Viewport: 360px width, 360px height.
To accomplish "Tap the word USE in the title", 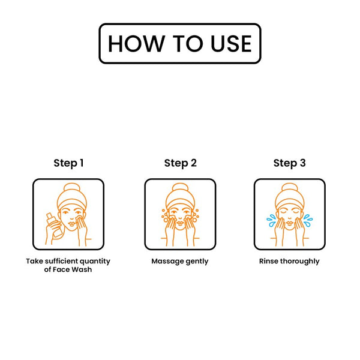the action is [231, 44].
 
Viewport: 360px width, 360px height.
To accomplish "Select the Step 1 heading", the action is [68, 163].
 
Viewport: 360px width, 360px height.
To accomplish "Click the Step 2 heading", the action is [181, 163].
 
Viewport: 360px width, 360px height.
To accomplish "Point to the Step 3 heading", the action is [290, 163].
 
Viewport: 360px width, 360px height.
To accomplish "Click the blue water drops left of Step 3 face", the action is [271, 220].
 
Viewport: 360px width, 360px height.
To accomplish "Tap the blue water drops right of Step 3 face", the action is [308, 220].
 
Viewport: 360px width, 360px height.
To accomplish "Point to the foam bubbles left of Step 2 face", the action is [164, 216].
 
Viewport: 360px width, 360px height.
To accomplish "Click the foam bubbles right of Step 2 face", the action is [196, 216].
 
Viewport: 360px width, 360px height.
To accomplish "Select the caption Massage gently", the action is [180, 262].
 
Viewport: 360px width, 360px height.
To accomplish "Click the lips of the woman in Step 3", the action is [290, 223].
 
